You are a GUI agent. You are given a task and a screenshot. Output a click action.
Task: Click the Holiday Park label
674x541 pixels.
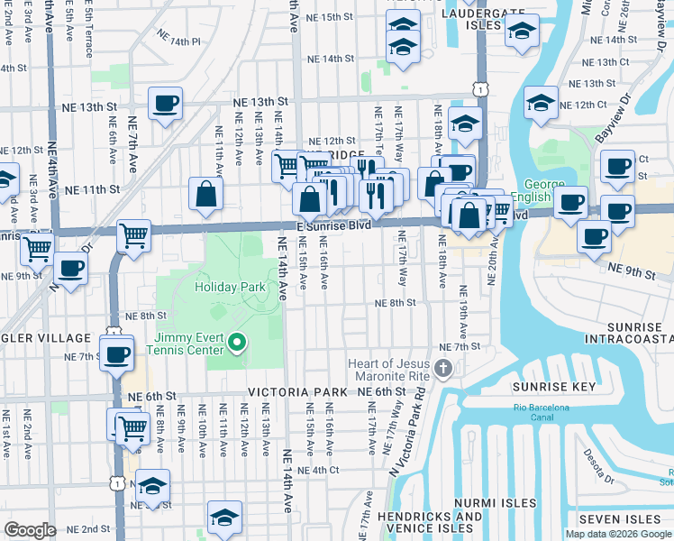pos(231,287)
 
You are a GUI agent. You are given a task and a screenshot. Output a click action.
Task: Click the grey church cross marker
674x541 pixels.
pos(442,368)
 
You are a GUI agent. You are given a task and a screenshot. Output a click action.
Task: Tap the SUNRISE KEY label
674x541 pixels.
pos(554,387)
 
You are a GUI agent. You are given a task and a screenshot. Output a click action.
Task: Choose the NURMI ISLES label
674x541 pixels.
pos(496,503)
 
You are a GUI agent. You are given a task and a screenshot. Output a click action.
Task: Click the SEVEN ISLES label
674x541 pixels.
pos(621,519)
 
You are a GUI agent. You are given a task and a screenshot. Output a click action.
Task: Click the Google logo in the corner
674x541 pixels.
pos(31,530)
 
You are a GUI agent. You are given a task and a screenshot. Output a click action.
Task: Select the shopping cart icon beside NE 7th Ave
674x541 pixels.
pos(133,235)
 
